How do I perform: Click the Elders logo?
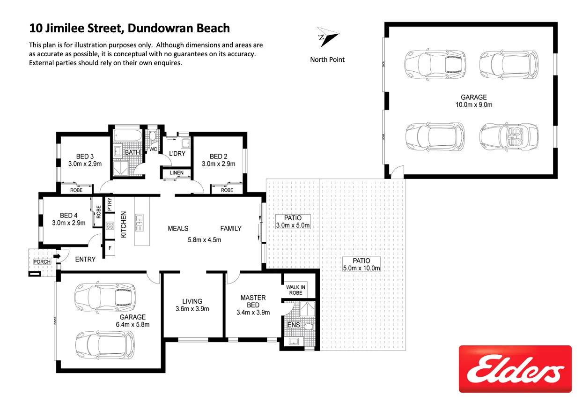coord(515,369)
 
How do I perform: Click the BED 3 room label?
coord(85,157)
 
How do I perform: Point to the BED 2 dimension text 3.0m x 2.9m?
coord(218,164)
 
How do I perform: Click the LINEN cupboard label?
coord(177,173)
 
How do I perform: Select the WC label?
coord(153,149)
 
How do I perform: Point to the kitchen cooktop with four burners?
coord(110,226)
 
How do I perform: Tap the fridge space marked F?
coord(110,247)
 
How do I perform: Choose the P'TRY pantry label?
coord(110,204)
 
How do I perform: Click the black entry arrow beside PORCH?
coord(57,256)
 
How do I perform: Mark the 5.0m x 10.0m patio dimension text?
coord(361,268)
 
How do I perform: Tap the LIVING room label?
coord(192,301)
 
